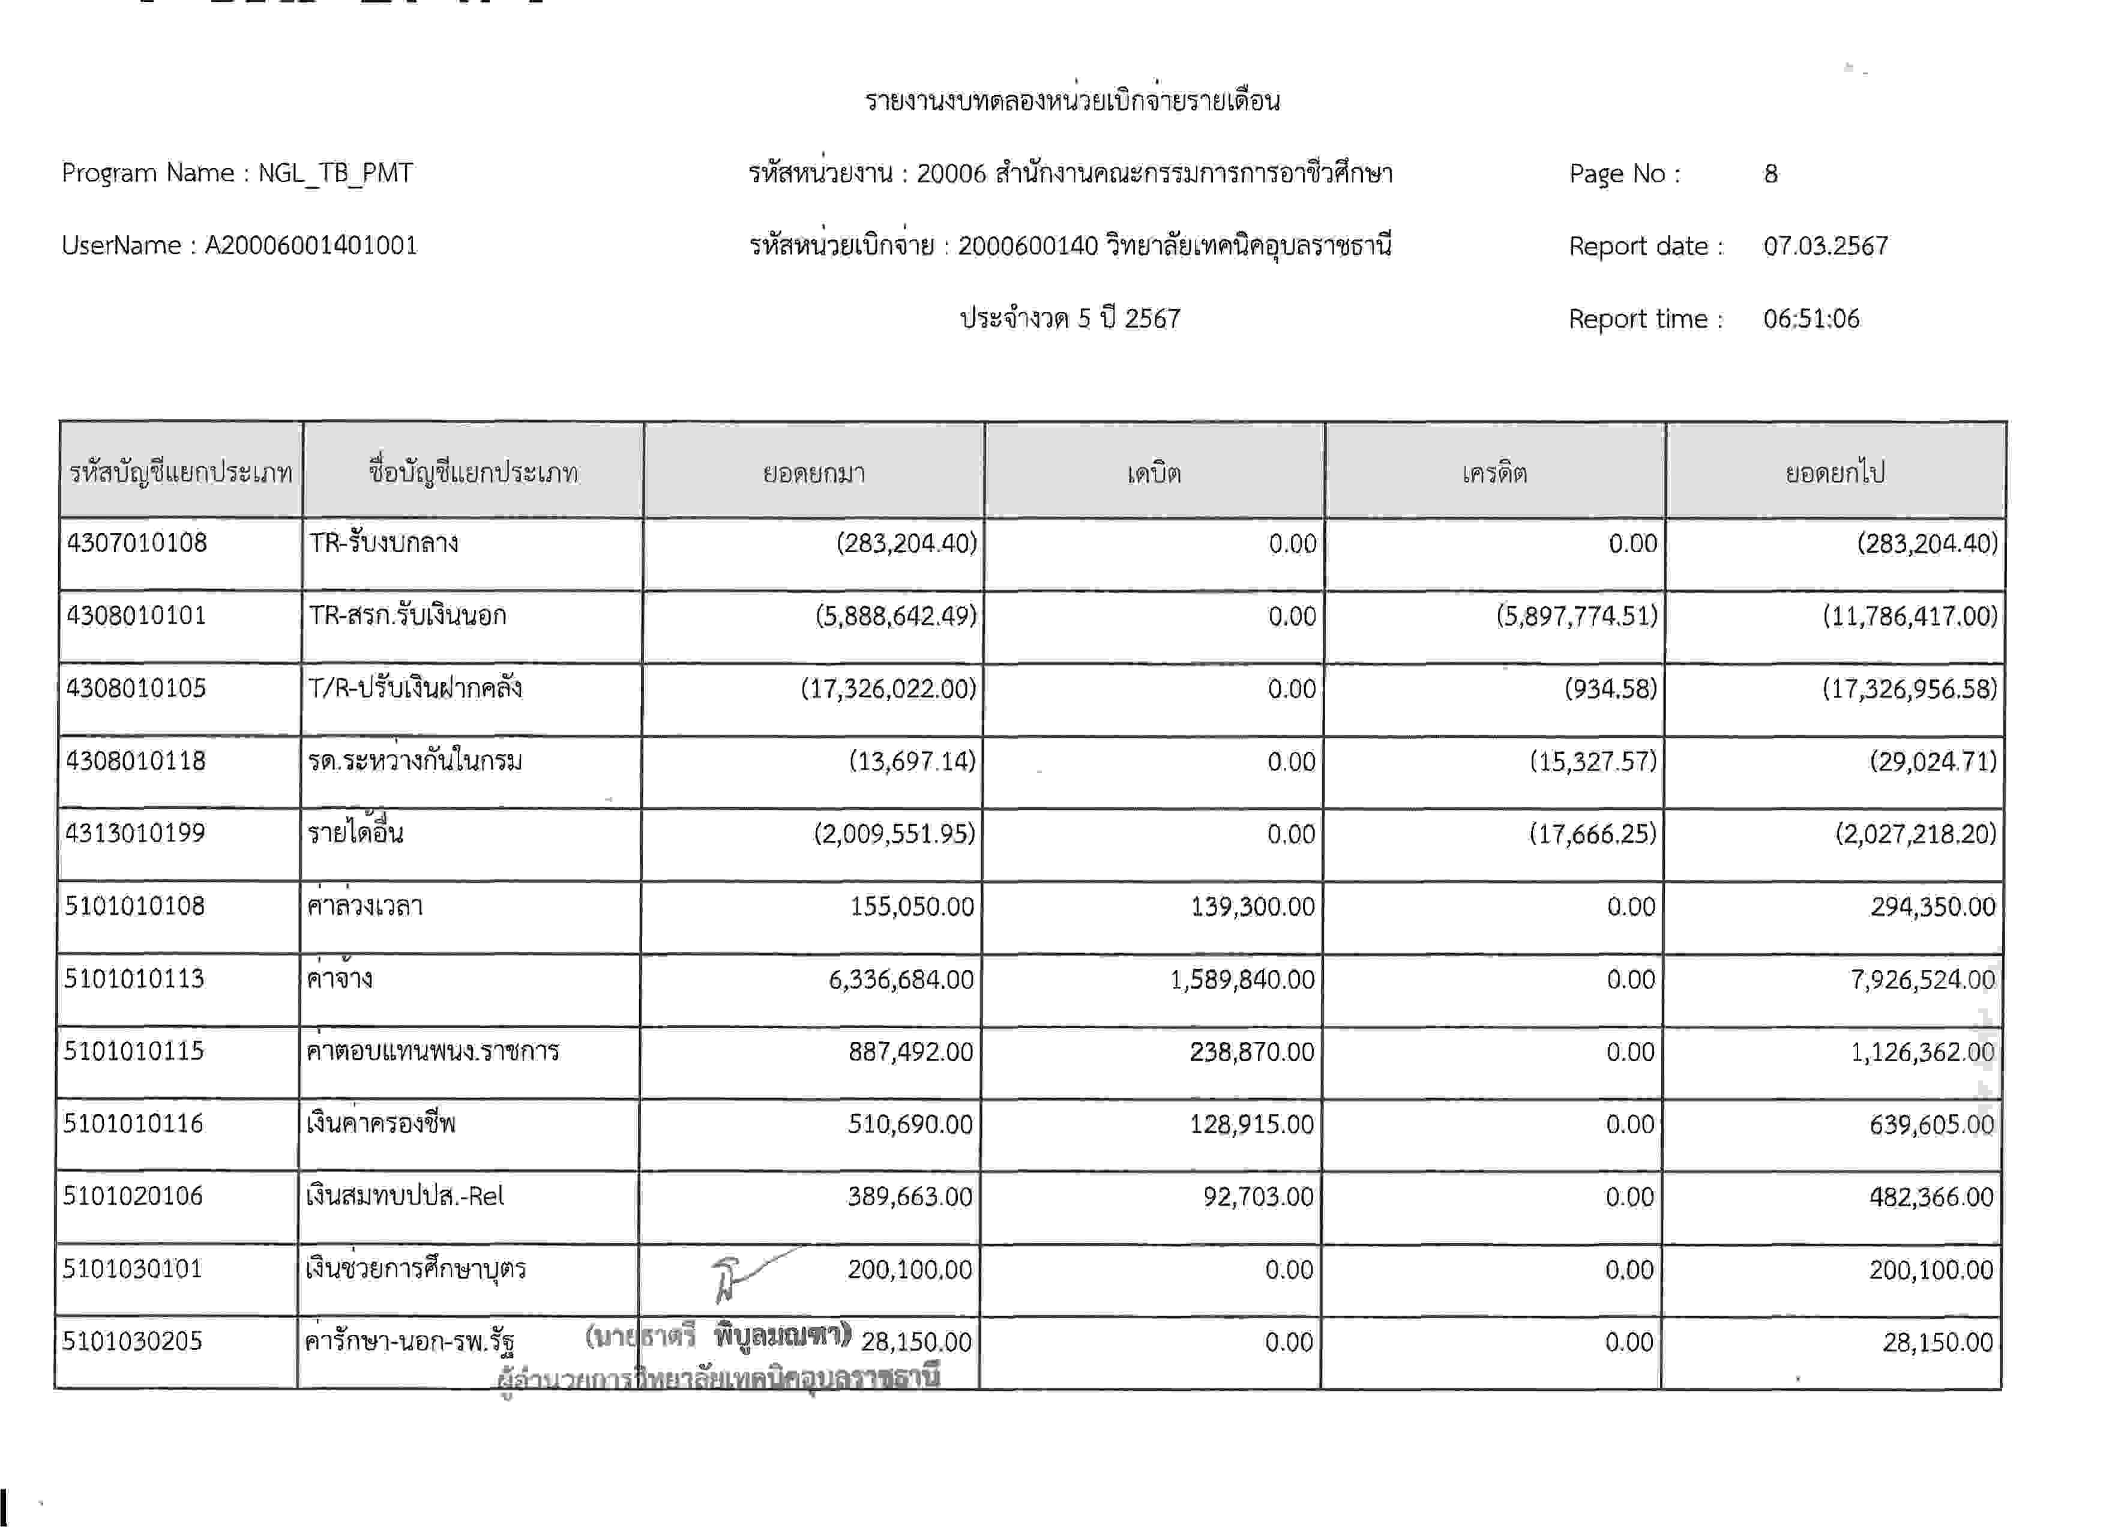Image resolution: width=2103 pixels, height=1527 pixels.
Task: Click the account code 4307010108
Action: coord(137,543)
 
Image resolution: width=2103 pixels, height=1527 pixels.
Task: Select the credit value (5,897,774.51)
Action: coord(1576,616)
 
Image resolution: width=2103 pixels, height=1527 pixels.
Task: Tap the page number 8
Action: coord(1770,173)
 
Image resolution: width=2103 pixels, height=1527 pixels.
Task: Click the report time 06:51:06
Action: coord(1811,318)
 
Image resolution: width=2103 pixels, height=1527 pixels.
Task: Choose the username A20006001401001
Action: coord(311,245)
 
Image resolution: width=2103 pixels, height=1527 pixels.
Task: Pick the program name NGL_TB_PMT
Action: coord(335,173)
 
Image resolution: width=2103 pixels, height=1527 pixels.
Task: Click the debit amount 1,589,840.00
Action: coord(1242,979)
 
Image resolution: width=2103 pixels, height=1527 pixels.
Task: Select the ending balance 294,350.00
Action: coord(1933,906)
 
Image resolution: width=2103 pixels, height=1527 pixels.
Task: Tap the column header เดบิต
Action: coord(1154,473)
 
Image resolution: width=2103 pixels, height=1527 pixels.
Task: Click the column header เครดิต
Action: coord(1494,473)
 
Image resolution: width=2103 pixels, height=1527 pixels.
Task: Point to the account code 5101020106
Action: coord(133,1196)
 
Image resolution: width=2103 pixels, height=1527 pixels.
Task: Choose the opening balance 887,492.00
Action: coord(910,1052)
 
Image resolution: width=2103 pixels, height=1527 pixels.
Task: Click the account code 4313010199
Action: coord(136,833)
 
